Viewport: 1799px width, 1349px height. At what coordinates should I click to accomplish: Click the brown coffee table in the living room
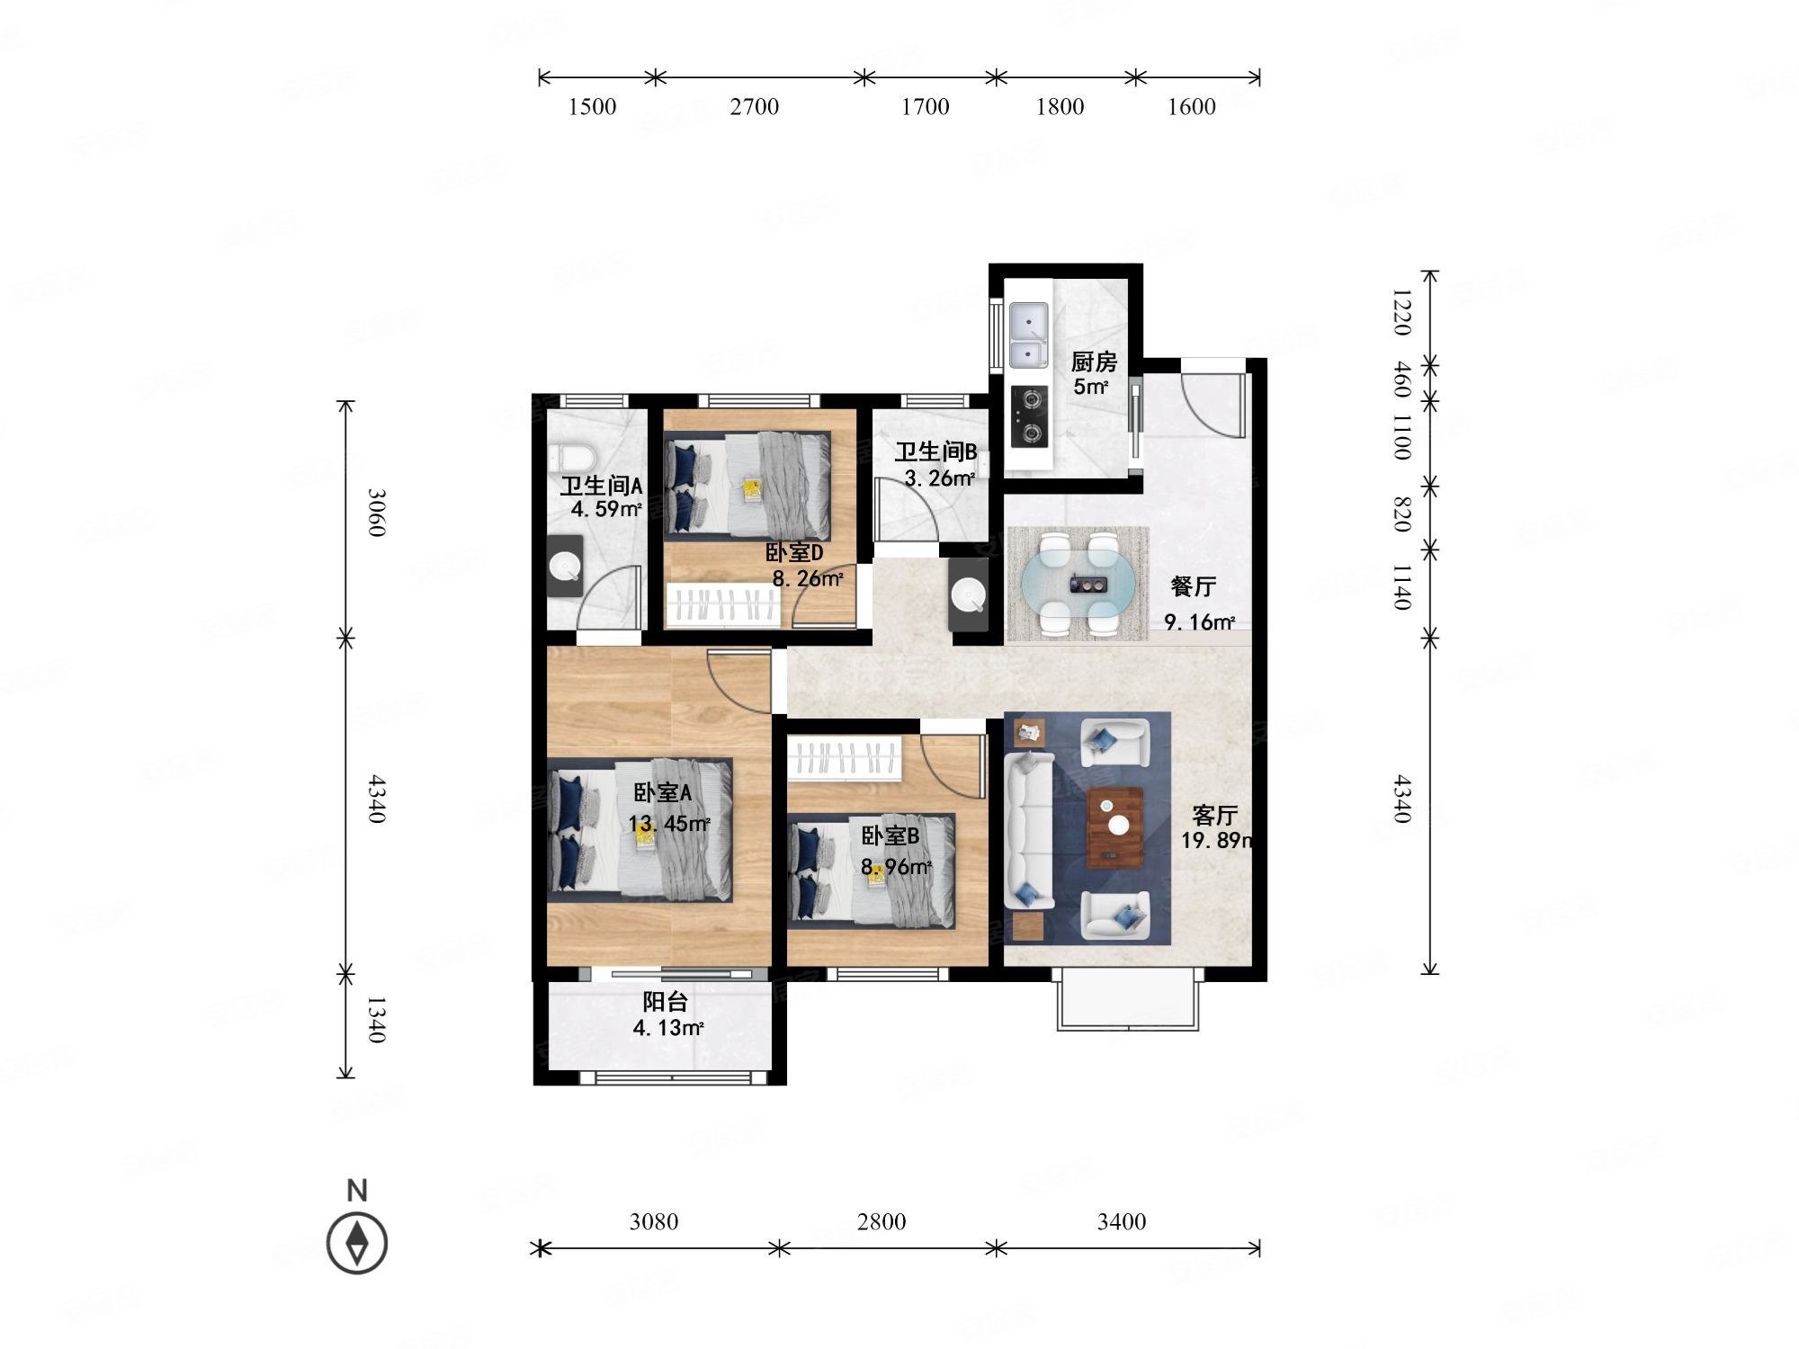[1116, 827]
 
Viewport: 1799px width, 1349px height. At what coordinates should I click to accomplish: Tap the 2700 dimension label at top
[754, 107]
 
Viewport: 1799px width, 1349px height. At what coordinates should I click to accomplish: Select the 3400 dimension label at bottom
[1121, 1221]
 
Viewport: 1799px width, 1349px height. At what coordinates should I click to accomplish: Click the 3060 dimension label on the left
[376, 513]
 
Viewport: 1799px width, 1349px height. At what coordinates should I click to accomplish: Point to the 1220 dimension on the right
[1401, 312]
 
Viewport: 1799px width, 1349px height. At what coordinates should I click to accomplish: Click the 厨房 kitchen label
[1094, 362]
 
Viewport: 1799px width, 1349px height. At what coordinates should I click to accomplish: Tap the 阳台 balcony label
[666, 1002]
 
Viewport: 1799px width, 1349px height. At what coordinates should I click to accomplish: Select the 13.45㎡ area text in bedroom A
[670, 823]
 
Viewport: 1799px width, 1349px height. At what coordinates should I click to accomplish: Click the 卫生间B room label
[935, 451]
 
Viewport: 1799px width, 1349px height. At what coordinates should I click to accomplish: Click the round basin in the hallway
[969, 594]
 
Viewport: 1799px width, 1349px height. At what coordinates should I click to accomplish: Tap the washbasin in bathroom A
[565, 566]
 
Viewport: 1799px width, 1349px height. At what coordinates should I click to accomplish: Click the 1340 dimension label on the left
[376, 1019]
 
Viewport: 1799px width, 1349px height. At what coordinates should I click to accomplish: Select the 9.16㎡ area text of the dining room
[1200, 621]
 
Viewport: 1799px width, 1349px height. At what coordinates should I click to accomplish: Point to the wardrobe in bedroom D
[721, 604]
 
